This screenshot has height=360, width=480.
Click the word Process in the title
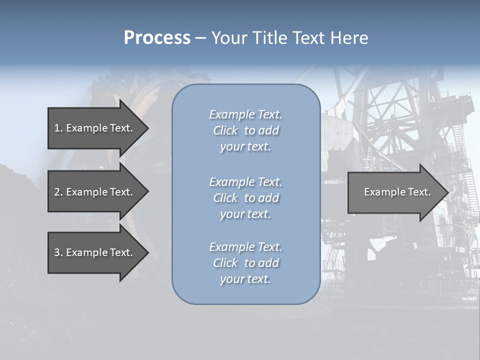157,38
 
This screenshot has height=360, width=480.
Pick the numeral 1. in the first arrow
58,128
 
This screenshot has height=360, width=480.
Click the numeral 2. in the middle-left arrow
58,192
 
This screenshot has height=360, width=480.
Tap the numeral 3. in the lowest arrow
58,252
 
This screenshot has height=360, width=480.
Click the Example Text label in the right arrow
397,192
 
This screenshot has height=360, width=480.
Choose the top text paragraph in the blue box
245,130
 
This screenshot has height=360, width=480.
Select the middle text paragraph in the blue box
245,198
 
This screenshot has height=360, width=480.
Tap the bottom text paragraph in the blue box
245,263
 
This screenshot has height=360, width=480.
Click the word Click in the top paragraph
225,130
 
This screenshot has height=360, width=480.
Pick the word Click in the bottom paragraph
225,263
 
